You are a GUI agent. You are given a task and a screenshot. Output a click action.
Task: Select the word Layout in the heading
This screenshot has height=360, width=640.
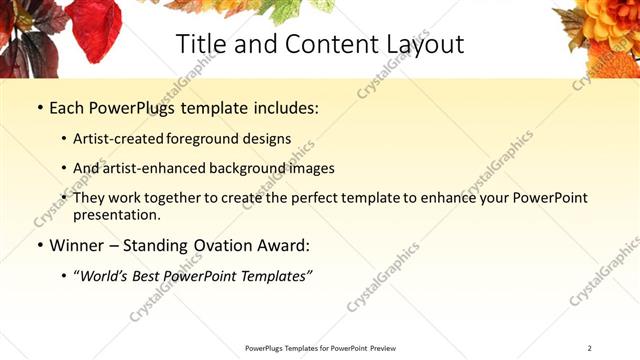(x=420, y=45)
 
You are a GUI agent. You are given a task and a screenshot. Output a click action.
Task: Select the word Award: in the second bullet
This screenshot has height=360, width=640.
(x=284, y=245)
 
